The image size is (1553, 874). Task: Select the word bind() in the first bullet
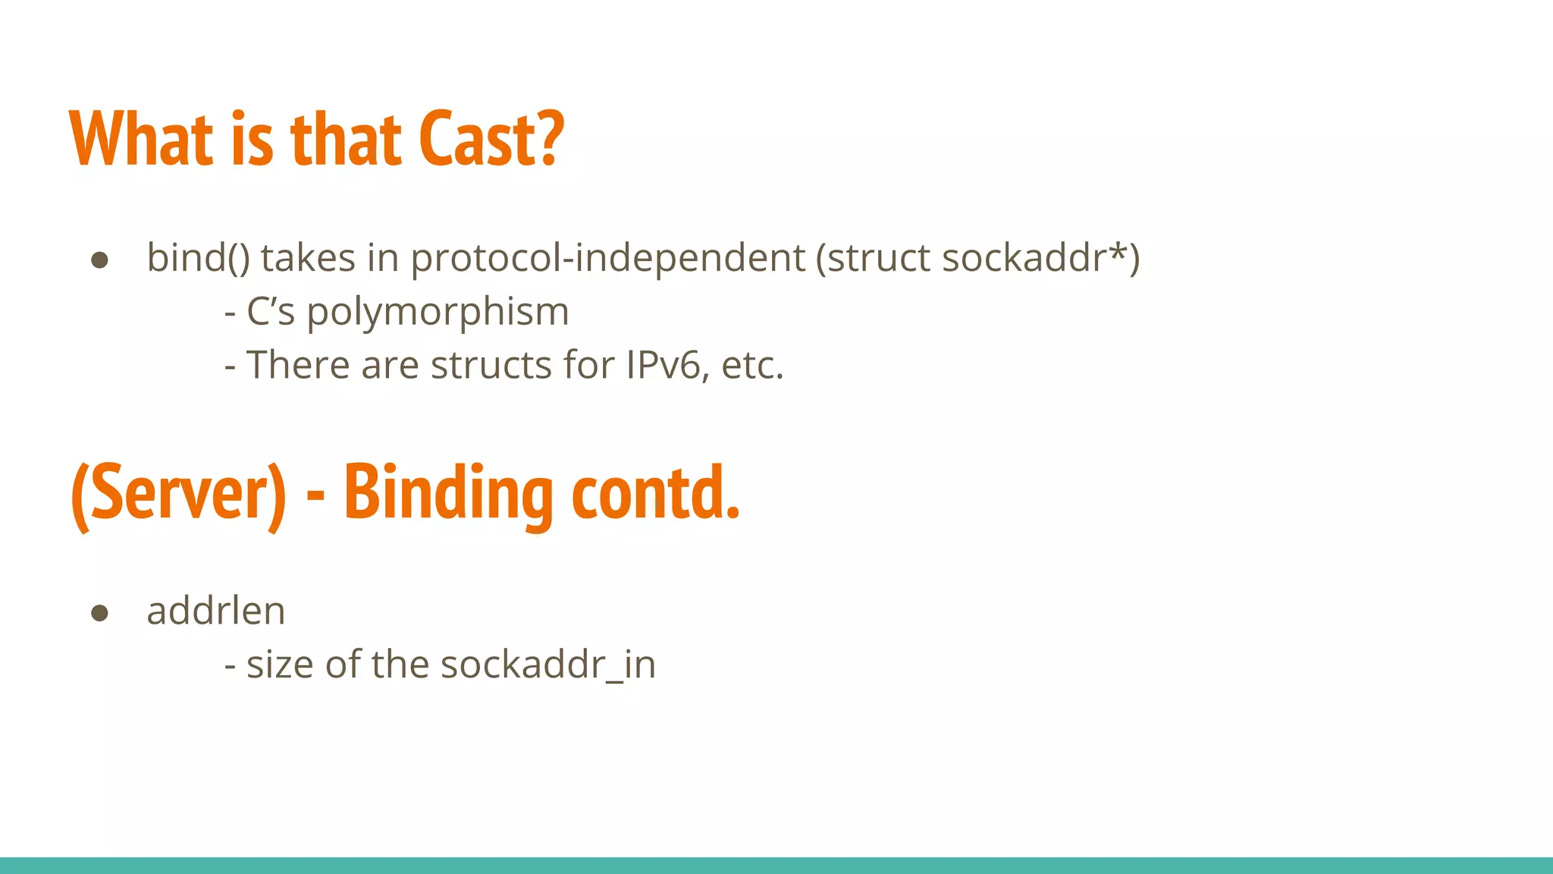[197, 258]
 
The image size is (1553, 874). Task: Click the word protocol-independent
[607, 258]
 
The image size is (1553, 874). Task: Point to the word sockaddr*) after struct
[1040, 258]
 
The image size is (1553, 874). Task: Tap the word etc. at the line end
[752, 366]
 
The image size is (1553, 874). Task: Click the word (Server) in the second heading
[179, 493]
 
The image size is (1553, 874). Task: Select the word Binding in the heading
[448, 493]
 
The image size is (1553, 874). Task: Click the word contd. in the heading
[655, 493]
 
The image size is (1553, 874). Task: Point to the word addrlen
[216, 611]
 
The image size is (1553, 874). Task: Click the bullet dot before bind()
[99, 260]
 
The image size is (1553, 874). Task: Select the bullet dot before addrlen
[99, 613]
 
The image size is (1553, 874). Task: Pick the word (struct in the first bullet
[873, 258]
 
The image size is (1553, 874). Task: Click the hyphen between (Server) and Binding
[315, 497]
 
